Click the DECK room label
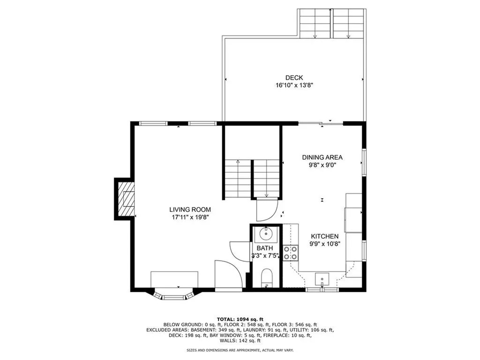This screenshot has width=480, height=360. click(x=294, y=78)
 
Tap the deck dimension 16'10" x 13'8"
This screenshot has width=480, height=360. click(x=294, y=85)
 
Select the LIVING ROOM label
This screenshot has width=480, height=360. click(x=190, y=210)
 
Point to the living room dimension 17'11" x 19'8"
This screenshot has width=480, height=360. click(x=190, y=217)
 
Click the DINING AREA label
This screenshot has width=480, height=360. click(x=322, y=157)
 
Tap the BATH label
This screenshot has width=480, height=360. click(x=264, y=248)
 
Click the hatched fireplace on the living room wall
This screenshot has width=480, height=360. click(x=125, y=199)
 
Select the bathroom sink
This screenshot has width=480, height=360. click(x=266, y=232)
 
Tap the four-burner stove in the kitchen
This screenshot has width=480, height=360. click(x=291, y=253)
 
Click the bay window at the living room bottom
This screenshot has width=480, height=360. click(x=173, y=295)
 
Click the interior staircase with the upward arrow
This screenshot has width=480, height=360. click(x=237, y=179)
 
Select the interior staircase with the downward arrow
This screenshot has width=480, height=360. click(x=267, y=179)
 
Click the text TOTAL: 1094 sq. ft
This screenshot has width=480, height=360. click(x=240, y=319)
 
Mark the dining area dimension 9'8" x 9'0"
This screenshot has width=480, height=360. click(x=322, y=165)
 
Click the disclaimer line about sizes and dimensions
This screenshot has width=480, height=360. click(x=240, y=350)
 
